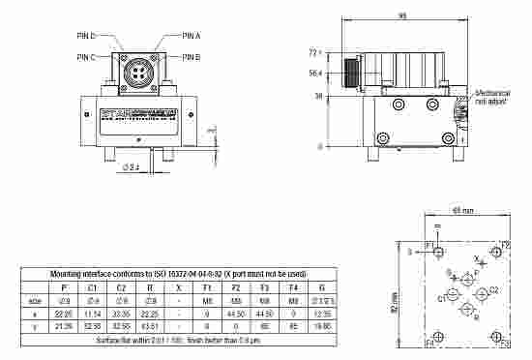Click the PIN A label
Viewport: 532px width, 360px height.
191,35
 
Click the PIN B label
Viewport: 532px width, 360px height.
191,57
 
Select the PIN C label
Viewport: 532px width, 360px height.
86,57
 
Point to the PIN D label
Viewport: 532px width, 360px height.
86,35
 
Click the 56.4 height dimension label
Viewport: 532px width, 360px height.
314,73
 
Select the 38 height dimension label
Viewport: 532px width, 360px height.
317,96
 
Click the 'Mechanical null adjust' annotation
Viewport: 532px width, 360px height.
493,97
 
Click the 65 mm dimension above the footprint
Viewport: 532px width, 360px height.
460,210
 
